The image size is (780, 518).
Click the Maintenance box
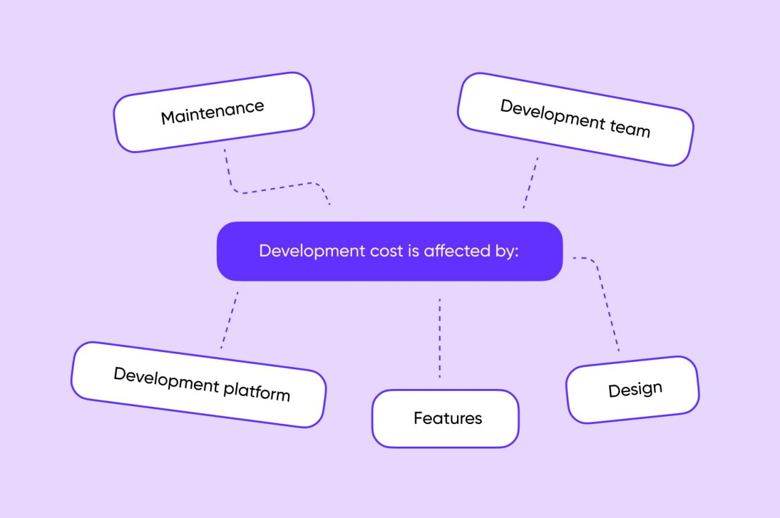click(214, 112)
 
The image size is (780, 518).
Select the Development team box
click(575, 119)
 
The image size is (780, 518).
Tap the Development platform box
click(198, 385)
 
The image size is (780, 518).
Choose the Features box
click(445, 418)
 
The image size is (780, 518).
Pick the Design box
click(633, 390)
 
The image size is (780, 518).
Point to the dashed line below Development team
click(531, 182)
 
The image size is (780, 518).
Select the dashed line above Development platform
click(230, 320)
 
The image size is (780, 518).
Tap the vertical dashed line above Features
click(440, 338)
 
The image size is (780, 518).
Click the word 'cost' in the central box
click(386, 251)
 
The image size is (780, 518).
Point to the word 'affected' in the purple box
click(457, 251)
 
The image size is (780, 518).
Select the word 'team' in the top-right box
click(630, 128)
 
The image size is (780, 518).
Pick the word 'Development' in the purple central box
click(312, 251)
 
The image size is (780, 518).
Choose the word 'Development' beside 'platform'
click(166, 380)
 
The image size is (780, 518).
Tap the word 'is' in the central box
click(413, 251)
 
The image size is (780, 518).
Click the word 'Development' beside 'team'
click(552, 114)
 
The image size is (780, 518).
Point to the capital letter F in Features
click(418, 418)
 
